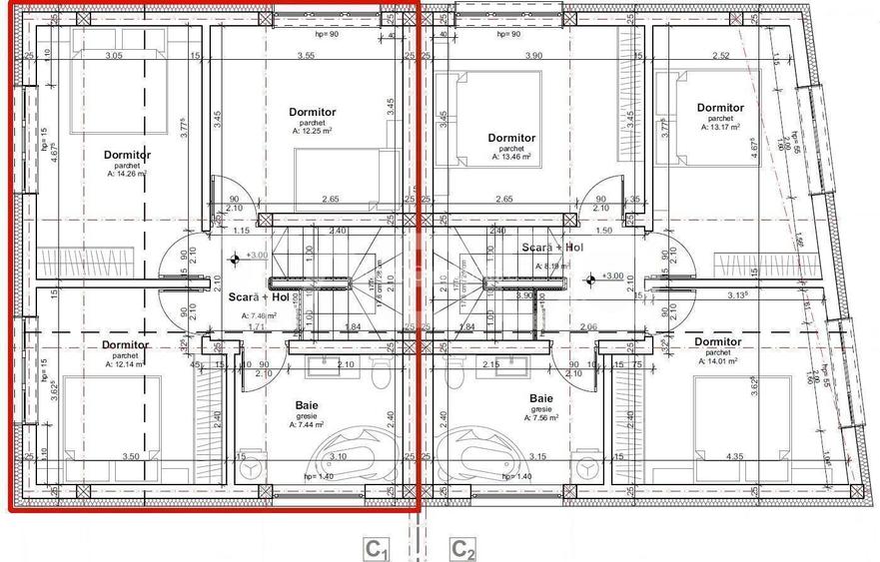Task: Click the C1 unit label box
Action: pyautogui.click(x=376, y=548)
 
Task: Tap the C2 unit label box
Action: pyautogui.click(x=462, y=548)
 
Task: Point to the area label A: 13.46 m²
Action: pyautogui.click(x=511, y=157)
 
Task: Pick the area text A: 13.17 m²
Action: pyautogui.click(x=719, y=127)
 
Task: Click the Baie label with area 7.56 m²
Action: pyautogui.click(x=542, y=398)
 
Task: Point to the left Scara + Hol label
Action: pyautogui.click(x=258, y=297)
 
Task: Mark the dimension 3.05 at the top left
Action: pyautogui.click(x=113, y=56)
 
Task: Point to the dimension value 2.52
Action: pyautogui.click(x=720, y=56)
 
